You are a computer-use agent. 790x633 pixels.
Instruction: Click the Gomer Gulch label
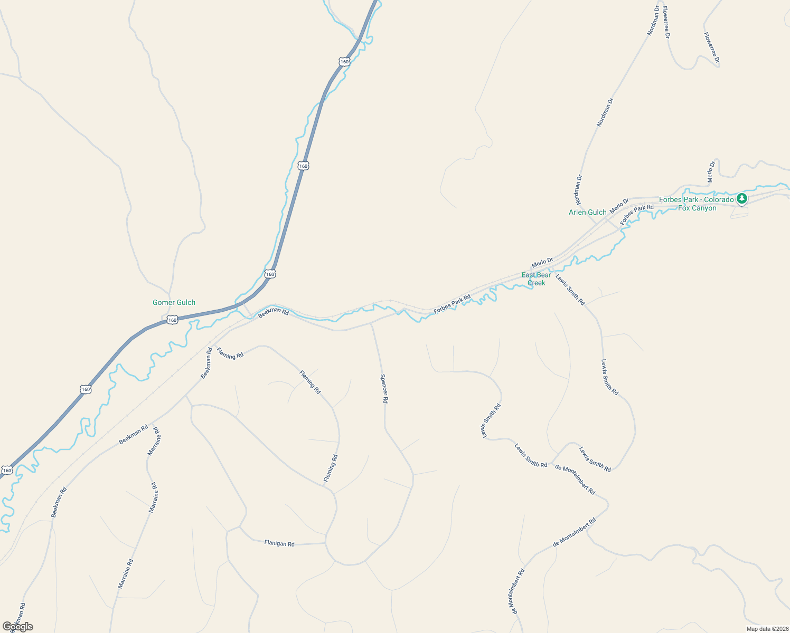pos(174,302)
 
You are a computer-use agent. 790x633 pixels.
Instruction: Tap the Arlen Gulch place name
pos(587,212)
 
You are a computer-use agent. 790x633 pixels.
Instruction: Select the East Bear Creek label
pos(536,279)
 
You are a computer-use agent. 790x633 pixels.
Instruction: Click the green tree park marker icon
pos(742,199)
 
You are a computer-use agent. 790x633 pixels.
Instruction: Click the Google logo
pos(17,627)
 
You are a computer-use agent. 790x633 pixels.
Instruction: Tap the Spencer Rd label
pos(384,389)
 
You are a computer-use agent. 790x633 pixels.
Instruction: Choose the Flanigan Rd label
pos(279,543)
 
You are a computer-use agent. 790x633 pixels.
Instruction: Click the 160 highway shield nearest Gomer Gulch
pos(172,320)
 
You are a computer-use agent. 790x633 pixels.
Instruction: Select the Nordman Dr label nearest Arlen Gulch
pos(578,190)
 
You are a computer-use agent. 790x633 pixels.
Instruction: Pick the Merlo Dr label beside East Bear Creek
pos(542,262)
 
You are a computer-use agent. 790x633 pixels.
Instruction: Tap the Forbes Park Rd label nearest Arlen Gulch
pos(637,215)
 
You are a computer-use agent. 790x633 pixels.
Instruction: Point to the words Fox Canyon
pos(697,208)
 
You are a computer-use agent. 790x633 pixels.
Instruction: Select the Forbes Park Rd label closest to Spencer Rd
pos(452,305)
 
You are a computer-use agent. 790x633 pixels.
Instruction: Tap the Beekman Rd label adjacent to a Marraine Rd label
pos(133,434)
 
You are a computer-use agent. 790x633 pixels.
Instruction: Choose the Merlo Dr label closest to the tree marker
pos(711,172)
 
